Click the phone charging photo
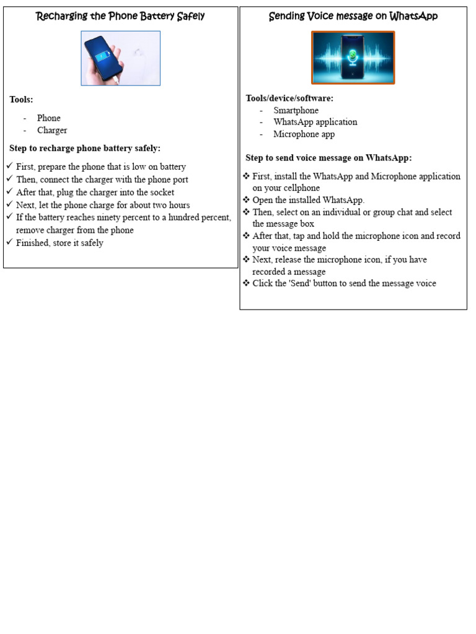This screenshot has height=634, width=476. click(x=120, y=58)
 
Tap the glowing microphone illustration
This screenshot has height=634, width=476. click(x=353, y=58)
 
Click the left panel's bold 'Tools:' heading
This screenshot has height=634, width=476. click(x=21, y=99)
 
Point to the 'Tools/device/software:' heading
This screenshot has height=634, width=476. click(x=289, y=98)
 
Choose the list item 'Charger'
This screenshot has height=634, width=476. click(x=52, y=130)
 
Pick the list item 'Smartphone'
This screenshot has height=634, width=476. click(x=296, y=110)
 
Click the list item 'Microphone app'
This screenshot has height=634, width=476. click(x=304, y=134)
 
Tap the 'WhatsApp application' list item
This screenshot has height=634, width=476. click(x=315, y=122)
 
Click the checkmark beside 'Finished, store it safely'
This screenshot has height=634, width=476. click(x=10, y=243)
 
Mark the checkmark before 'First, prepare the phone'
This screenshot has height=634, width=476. click(x=10, y=167)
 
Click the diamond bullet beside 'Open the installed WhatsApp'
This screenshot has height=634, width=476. click(x=246, y=200)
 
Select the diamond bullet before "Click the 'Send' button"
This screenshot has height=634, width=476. click(x=246, y=283)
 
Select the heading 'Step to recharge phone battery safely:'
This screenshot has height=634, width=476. click(x=85, y=148)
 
